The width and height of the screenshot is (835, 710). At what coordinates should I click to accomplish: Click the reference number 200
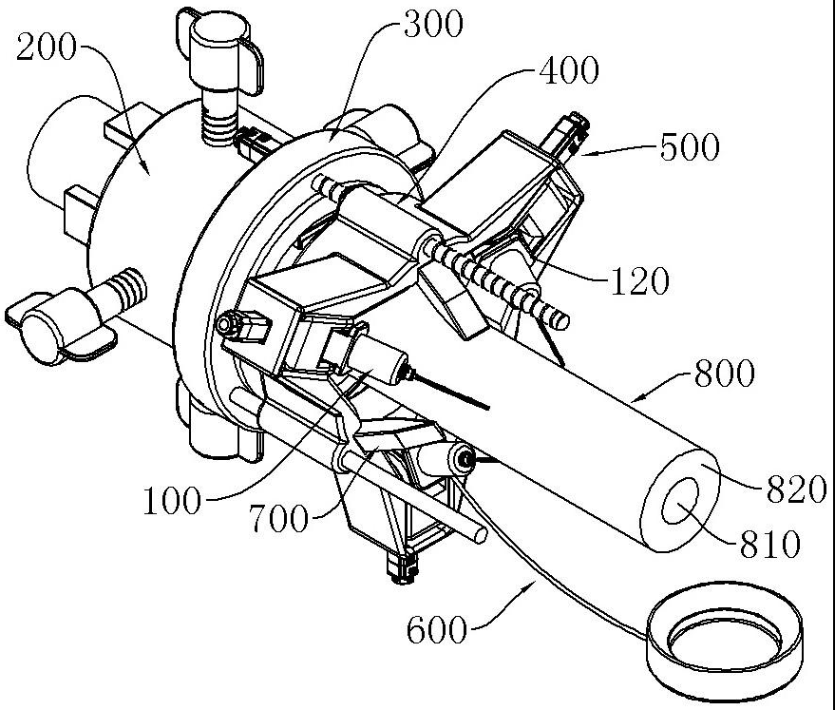pyautogui.click(x=46, y=48)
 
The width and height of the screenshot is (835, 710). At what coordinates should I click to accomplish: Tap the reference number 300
pyautogui.click(x=433, y=25)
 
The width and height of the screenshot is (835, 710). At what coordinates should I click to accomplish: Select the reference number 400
pyautogui.click(x=569, y=70)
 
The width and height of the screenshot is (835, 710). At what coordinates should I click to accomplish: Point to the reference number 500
pyautogui.click(x=690, y=147)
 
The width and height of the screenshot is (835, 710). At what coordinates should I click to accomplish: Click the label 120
pyautogui.click(x=638, y=280)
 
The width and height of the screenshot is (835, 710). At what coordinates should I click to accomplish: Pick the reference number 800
pyautogui.click(x=725, y=373)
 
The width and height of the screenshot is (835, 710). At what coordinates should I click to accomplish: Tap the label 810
pyautogui.click(x=770, y=544)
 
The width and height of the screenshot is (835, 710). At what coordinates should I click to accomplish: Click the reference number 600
pyautogui.click(x=437, y=630)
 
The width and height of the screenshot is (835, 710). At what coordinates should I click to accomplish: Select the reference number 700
pyautogui.click(x=279, y=518)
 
